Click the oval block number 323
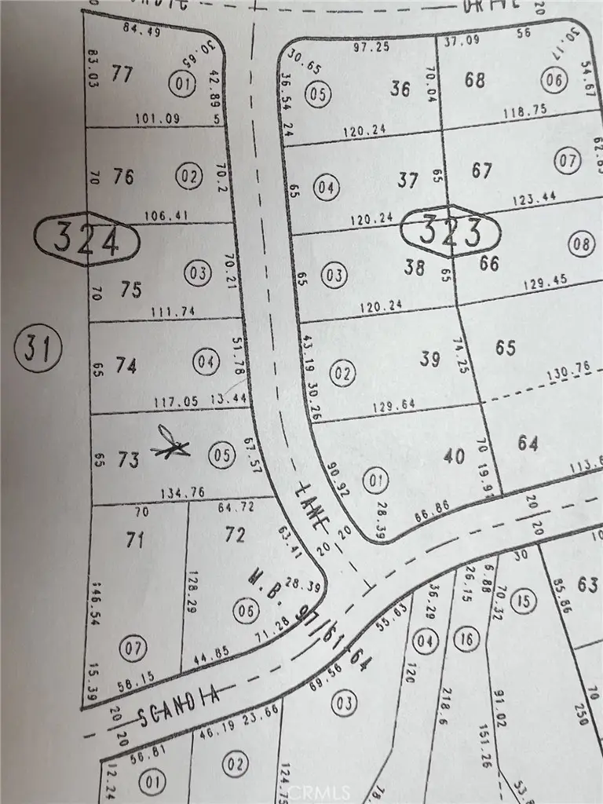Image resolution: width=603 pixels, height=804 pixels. click(450, 232)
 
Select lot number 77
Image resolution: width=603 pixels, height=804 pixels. click(122, 75)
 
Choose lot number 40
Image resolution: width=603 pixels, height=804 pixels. click(455, 455)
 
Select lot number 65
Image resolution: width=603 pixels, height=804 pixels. click(506, 346)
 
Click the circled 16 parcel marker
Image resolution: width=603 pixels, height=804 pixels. click(467, 640)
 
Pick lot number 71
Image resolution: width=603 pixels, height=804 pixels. click(135, 539)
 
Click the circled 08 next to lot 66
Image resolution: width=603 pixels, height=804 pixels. click(581, 244)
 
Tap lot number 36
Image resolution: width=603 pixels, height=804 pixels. click(400, 89)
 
